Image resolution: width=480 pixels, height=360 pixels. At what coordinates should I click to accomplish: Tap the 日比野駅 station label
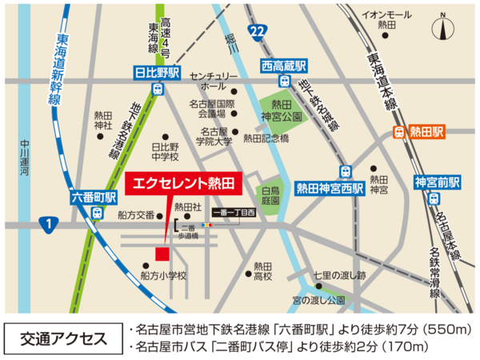pos(158,73)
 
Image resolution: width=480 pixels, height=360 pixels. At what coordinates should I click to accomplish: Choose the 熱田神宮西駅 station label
pos(330,189)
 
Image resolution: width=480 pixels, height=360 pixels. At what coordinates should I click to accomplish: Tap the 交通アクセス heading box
pos(62,337)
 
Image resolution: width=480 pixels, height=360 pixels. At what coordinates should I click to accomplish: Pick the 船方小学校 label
pos(163,276)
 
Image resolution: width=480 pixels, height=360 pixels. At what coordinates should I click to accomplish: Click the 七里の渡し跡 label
pos(339,276)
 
